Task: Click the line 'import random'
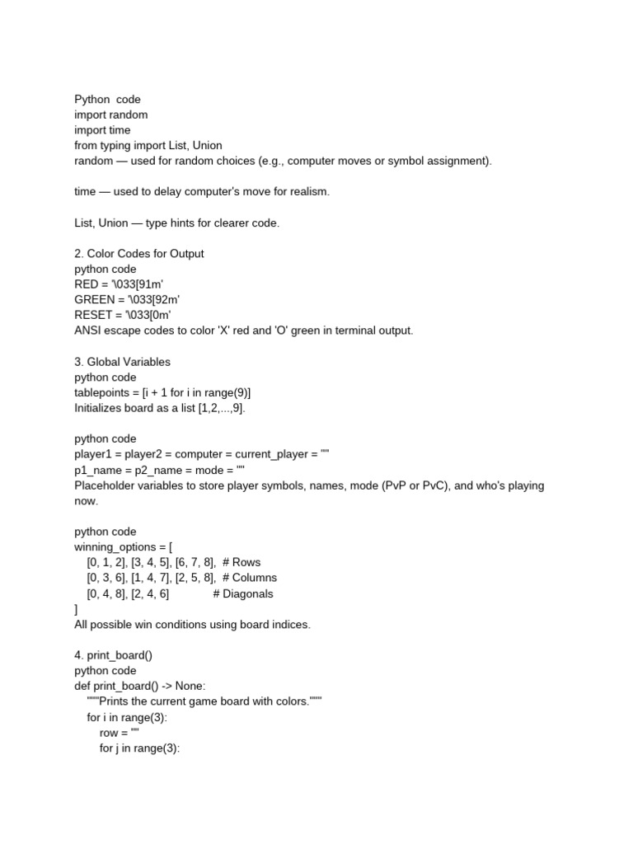(111, 115)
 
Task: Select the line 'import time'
(102, 130)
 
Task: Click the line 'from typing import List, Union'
(148, 145)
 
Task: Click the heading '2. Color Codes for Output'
(139, 254)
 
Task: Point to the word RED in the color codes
(87, 284)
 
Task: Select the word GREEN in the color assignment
(93, 300)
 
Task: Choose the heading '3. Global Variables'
(123, 362)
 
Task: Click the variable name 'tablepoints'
(103, 392)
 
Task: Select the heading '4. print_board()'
(114, 655)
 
